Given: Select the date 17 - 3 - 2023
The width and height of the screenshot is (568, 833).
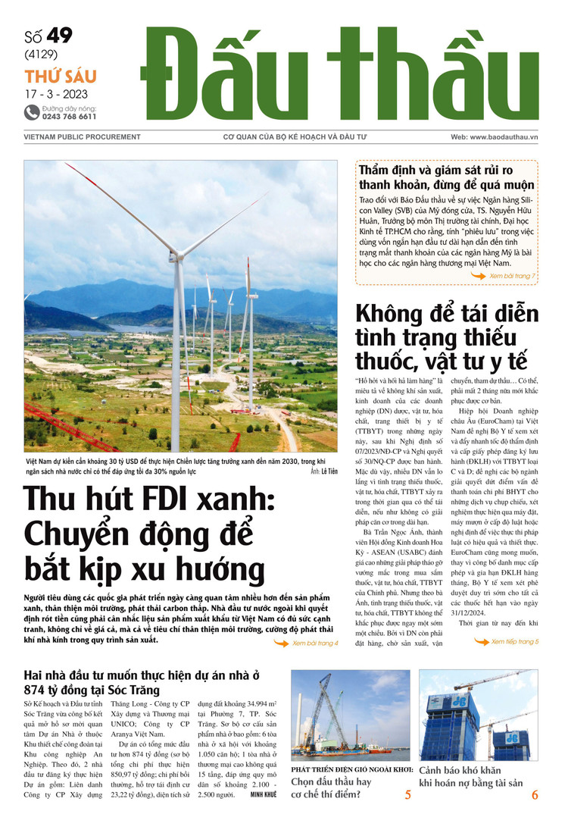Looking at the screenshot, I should (x=55, y=95).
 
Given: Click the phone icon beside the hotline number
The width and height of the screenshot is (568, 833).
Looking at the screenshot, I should (x=31, y=112).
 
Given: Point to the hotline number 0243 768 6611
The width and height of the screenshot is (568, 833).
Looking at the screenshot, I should (x=69, y=117).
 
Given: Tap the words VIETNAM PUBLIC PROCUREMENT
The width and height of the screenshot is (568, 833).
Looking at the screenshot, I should (x=73, y=136).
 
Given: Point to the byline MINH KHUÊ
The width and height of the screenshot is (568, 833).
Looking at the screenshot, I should (x=264, y=794).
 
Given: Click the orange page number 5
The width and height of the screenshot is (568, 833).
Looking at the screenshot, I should (x=408, y=795).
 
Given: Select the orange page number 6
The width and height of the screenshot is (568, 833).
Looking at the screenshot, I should (x=535, y=795).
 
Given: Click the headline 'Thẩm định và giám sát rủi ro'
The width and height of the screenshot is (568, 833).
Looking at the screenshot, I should (x=446, y=169).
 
